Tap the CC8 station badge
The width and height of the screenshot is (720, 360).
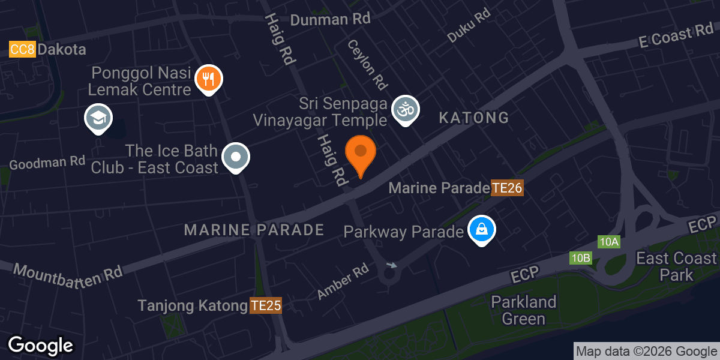pos(23,49)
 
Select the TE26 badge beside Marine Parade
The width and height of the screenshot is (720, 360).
pos(508,188)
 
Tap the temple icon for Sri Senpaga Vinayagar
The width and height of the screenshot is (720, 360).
pos(405,110)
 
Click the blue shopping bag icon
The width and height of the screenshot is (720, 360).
pos(481,229)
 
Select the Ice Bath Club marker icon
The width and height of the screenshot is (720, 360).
pos(236,157)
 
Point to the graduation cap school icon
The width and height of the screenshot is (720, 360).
pos(99,118)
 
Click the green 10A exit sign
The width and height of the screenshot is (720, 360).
pos(609,242)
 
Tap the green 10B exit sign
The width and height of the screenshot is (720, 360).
pos(581,259)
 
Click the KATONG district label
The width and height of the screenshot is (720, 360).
pos(473,118)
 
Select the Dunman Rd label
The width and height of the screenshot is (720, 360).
pos(330,19)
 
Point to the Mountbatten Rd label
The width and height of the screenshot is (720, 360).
pos(67,272)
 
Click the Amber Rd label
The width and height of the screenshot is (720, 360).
pos(343,281)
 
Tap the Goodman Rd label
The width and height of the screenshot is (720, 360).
pos(47,162)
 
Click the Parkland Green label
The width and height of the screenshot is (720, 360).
pos(524,310)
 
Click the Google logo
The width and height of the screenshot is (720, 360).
pos(40,346)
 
